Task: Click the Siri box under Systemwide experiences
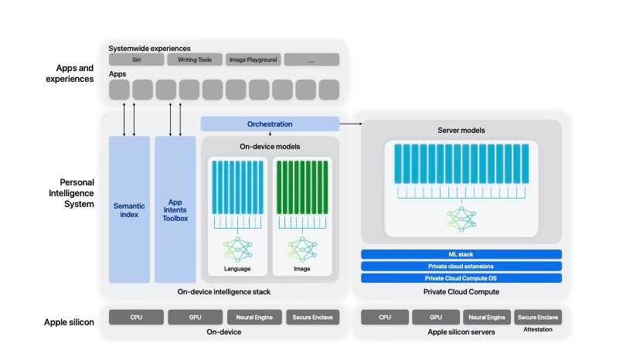point(136,59)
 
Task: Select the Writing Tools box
point(195,59)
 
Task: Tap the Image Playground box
point(253,59)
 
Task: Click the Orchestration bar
point(270,124)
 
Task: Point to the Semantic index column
point(129,209)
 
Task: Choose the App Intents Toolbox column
point(175,209)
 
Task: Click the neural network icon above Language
point(237,250)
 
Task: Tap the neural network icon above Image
point(302,250)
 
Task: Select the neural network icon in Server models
point(461,219)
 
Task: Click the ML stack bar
point(461,254)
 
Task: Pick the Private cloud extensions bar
point(461,266)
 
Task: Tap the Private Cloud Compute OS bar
point(461,278)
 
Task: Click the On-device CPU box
point(136,318)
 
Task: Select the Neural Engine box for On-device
point(254,318)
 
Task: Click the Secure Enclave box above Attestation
point(537,318)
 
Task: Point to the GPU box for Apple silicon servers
point(436,318)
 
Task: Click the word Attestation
point(537,329)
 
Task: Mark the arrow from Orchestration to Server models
point(351,124)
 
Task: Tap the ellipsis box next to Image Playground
point(311,59)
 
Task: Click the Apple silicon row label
point(69,322)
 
